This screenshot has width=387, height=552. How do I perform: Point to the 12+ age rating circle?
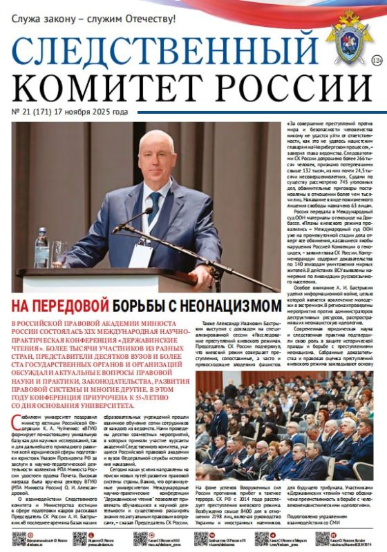pyautogui.click(x=377, y=61)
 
